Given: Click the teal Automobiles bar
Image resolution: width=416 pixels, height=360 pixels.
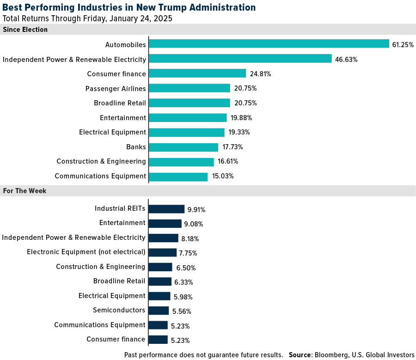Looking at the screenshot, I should [269, 44].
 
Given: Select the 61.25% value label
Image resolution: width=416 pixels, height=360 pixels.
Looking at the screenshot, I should [403, 45].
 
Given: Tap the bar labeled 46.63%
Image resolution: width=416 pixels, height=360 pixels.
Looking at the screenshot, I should [240, 59].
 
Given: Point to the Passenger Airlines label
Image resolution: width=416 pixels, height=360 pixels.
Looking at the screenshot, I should [116, 88].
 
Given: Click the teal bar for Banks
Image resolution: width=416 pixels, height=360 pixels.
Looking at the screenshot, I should [183, 147].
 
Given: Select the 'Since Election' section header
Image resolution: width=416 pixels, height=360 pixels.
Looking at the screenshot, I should [25, 30].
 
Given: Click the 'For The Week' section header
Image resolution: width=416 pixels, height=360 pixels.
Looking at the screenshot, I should [24, 190].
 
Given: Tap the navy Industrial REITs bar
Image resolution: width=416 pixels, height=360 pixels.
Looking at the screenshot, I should [166, 209].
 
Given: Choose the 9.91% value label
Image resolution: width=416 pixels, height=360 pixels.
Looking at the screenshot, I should [196, 209].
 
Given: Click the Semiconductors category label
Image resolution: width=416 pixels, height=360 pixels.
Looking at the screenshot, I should [119, 310].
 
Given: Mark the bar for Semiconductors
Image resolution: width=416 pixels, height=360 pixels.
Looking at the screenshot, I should [159, 311].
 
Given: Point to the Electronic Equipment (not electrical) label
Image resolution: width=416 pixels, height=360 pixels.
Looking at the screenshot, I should [86, 252].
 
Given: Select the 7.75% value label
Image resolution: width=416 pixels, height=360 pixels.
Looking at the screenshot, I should [188, 253].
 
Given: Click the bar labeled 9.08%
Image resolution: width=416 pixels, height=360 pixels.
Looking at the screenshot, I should [165, 223].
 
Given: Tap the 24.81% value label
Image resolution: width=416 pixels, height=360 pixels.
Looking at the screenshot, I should [260, 74].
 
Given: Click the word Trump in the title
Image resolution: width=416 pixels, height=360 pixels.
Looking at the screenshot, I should [160, 7].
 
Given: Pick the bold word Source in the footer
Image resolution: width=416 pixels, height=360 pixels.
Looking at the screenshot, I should [300, 355].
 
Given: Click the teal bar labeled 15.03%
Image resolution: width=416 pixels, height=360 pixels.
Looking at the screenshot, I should [178, 177].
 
